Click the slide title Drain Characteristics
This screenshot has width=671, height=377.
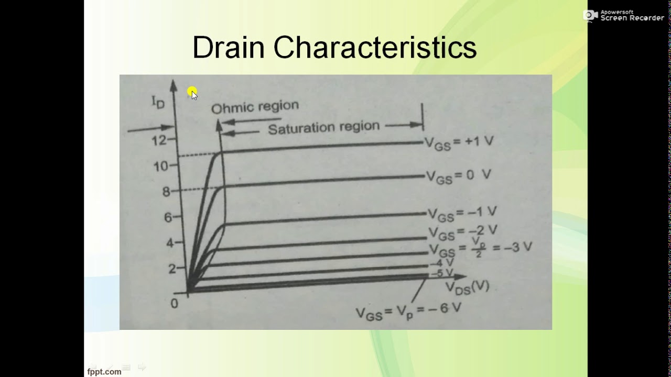tap(334, 48)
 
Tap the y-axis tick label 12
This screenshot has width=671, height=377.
tap(159, 140)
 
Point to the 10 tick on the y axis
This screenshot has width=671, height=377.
tap(160, 167)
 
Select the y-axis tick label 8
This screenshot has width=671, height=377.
tap(166, 192)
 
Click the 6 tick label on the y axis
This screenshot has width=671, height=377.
tap(168, 217)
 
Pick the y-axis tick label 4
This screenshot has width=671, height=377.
tap(169, 243)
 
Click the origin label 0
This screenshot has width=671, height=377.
tap(175, 304)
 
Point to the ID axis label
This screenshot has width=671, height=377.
tap(158, 101)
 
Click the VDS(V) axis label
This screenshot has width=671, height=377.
tap(467, 286)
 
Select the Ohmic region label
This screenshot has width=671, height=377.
tap(255, 107)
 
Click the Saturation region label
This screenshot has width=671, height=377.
tap(323, 127)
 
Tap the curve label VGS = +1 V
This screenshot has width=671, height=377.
tap(459, 143)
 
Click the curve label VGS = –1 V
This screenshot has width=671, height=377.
tap(462, 213)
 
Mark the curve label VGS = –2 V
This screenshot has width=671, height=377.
tap(463, 231)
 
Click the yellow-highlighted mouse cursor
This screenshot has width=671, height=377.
tap(192, 93)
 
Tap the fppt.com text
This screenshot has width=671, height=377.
tap(104, 371)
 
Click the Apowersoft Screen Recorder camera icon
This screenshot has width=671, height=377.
tap(591, 16)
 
